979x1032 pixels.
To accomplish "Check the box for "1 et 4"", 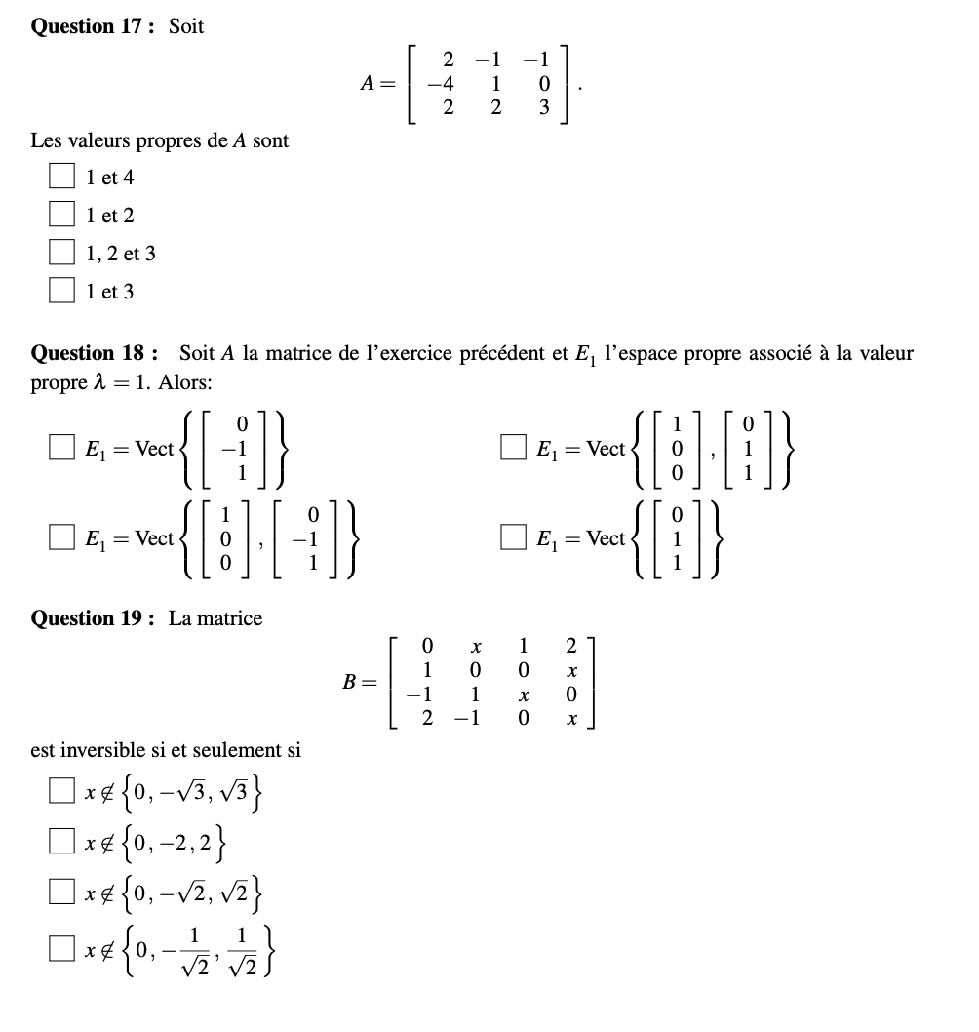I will click(62, 177).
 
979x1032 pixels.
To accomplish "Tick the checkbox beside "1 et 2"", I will click(62, 215).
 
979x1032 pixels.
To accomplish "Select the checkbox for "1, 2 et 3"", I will click(62, 254).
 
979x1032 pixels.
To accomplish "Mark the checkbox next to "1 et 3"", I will click(62, 292).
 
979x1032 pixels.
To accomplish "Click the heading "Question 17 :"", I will click(93, 26).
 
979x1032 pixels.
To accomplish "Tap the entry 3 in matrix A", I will click(544, 107).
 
